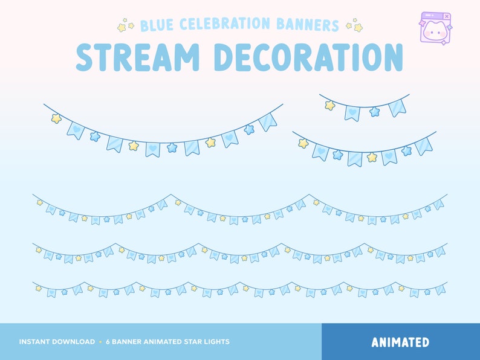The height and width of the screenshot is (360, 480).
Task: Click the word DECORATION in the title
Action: [309, 57]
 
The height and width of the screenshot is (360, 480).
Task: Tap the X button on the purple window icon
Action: [447, 16]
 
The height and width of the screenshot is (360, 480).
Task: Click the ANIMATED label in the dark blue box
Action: [400, 342]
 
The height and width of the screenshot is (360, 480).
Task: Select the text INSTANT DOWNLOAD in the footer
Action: [57, 342]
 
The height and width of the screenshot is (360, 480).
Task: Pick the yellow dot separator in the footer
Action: [100, 342]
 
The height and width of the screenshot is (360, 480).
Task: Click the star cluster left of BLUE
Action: [126, 26]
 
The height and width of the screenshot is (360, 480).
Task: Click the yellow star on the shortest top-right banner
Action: [330, 105]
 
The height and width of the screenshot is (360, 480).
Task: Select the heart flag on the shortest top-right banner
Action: [352, 112]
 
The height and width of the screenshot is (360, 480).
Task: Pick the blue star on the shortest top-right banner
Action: [375, 112]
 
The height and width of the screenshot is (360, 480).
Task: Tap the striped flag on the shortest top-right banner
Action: [397, 107]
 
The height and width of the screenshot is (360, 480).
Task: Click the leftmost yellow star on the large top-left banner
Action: [56, 118]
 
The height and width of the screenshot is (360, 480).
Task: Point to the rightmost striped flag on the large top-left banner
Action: [267, 121]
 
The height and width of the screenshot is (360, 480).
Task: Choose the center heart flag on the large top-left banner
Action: [153, 148]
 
